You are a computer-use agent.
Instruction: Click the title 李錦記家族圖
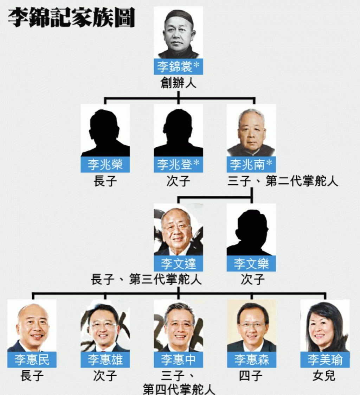[x=71, y=17]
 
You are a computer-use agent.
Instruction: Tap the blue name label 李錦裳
[x=178, y=67]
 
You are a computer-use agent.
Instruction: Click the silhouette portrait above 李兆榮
[x=105, y=130]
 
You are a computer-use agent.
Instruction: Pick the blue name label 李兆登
[x=178, y=165]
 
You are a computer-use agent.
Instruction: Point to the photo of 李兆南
[x=251, y=130]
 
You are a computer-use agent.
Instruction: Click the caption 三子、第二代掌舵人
[x=283, y=181]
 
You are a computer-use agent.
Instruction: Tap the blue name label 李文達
[x=178, y=263]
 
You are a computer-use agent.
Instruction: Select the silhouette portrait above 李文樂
[x=251, y=229]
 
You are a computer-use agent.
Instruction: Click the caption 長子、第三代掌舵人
[x=146, y=279]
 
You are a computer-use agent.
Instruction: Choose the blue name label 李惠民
[x=32, y=359]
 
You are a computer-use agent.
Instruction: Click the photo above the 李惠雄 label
[x=105, y=325]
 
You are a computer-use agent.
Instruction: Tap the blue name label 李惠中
[x=178, y=359]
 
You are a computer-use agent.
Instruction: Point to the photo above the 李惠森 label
[x=251, y=325]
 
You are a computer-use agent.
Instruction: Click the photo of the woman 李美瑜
[x=325, y=325]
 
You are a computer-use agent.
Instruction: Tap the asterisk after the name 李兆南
[x=269, y=163]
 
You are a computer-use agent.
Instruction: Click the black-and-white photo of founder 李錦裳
[x=178, y=33]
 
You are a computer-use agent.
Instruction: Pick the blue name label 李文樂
[x=251, y=263]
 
